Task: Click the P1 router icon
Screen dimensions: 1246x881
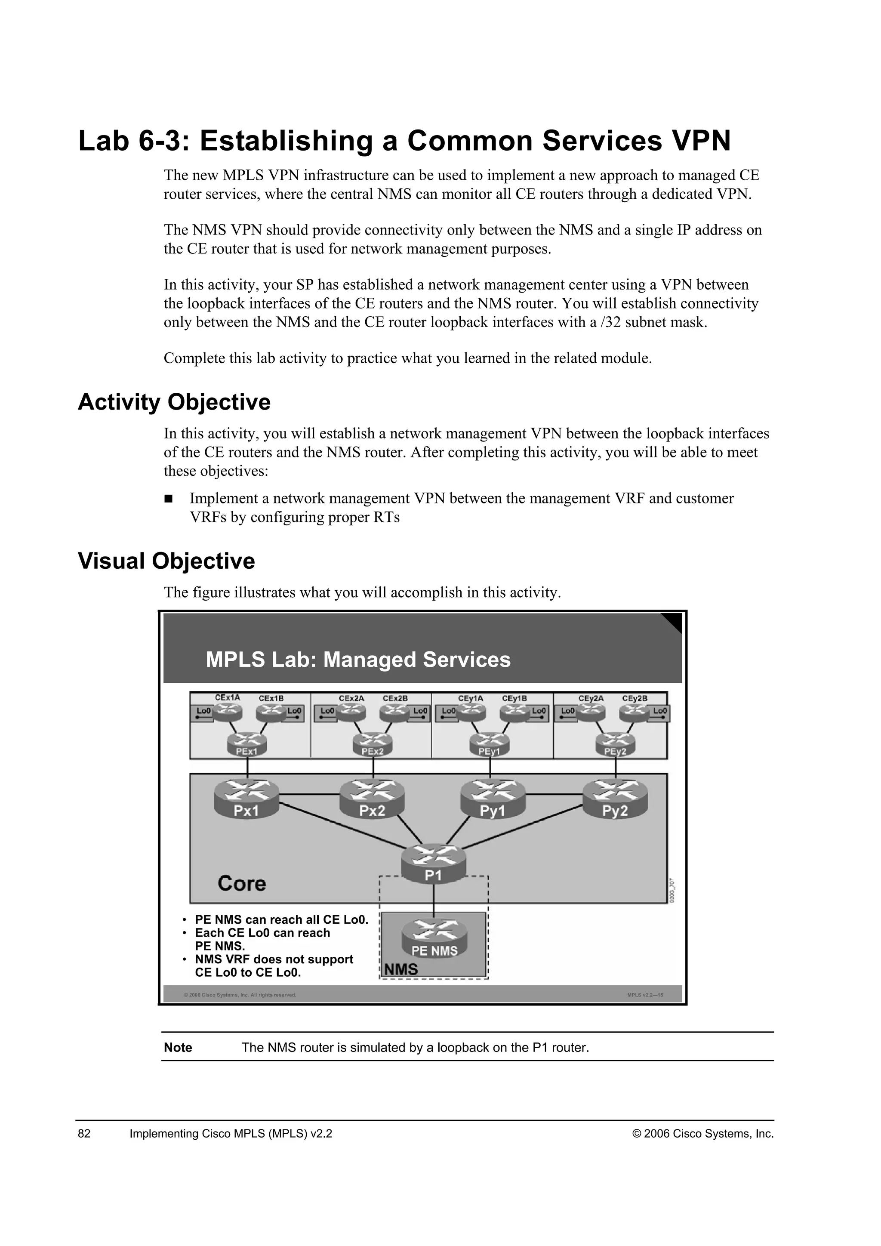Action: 434,863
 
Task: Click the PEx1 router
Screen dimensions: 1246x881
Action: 247,743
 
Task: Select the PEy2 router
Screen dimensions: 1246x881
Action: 615,743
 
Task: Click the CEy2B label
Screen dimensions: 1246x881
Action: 635,698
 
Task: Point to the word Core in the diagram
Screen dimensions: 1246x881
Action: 242,883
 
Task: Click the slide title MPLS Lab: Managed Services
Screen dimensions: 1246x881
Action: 358,660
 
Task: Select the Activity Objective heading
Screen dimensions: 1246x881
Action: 174,402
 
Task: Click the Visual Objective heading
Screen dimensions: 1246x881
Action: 166,561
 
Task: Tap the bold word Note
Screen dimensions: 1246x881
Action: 178,1047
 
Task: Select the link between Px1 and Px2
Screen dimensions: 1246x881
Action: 309,795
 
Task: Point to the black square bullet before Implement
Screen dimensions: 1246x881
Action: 168,498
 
